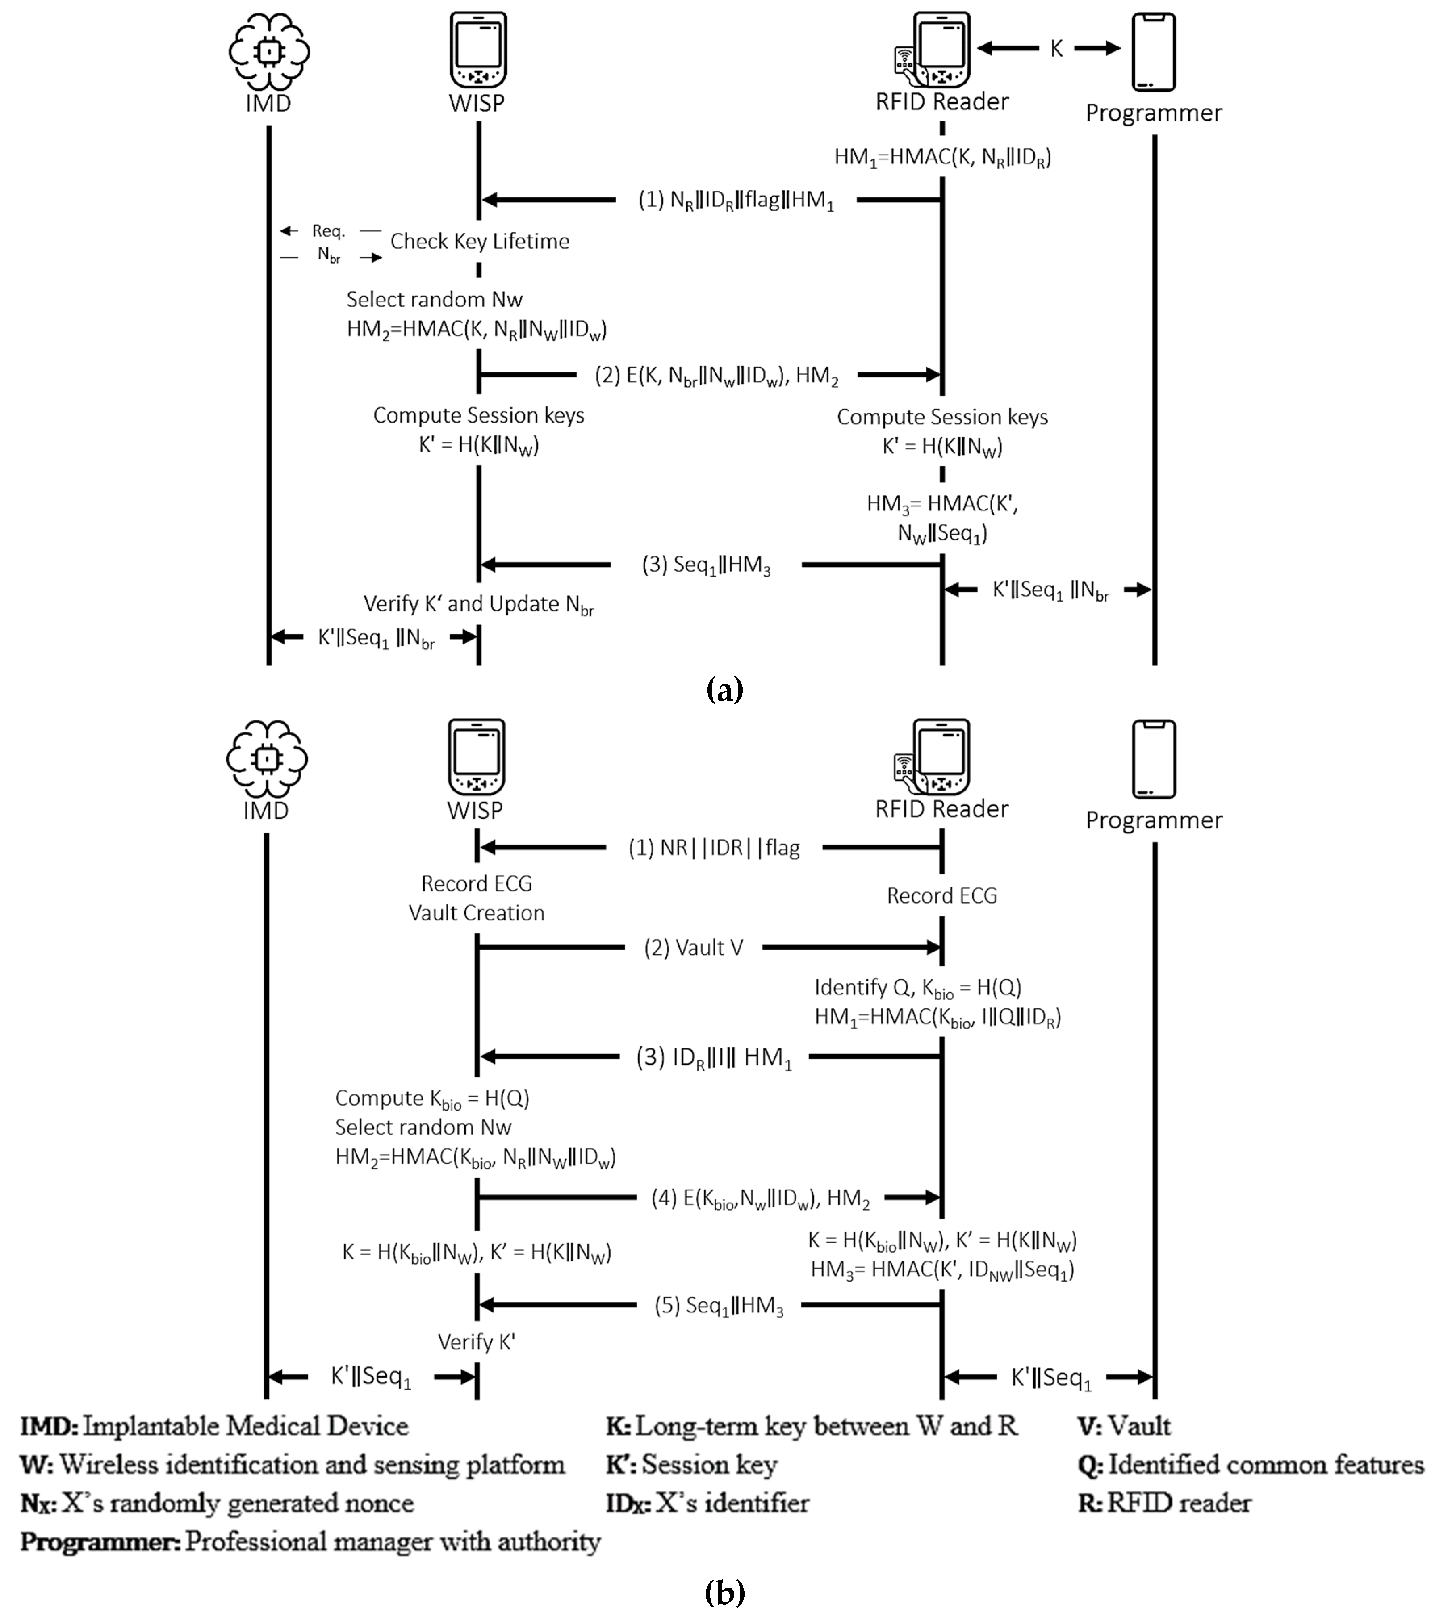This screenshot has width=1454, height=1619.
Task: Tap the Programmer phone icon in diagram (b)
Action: coord(1154,759)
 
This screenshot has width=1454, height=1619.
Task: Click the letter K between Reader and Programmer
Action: coord(1056,49)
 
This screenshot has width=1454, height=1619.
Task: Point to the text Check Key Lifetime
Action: coord(479,241)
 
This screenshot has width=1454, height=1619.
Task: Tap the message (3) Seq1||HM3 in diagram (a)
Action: coord(706,565)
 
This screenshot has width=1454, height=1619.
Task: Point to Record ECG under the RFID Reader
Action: coord(942,895)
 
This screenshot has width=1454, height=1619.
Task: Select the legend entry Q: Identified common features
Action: coord(1250,1465)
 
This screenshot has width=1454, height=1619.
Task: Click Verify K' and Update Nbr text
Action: coord(478,605)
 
